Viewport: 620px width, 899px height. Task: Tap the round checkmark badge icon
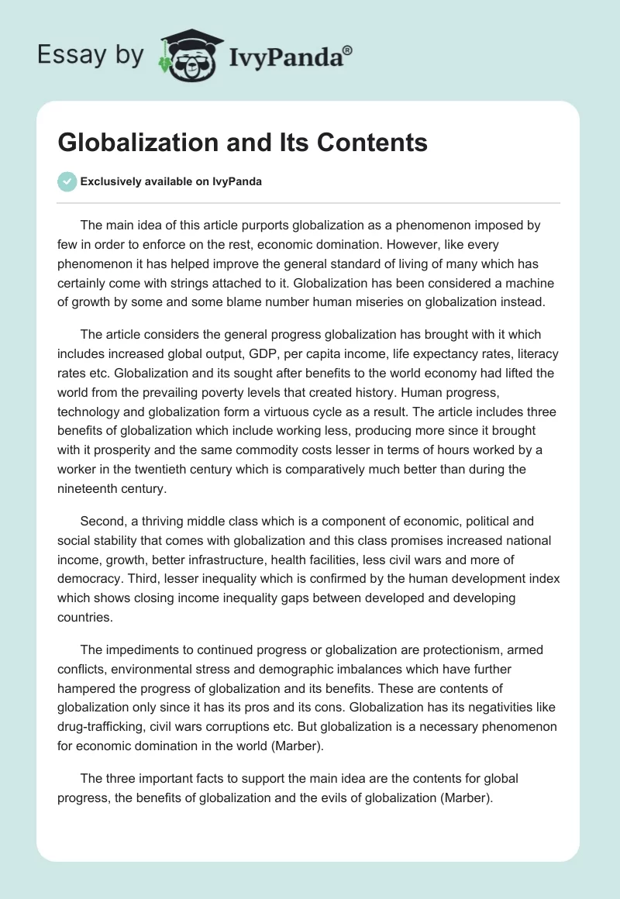click(x=67, y=181)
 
